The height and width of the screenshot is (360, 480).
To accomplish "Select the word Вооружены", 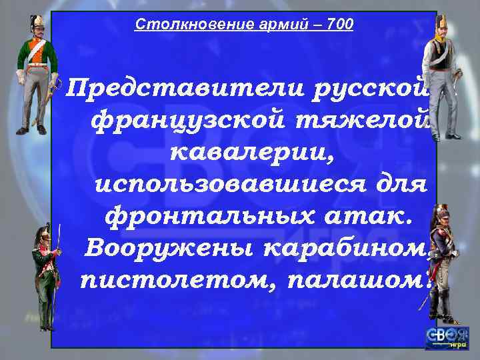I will [x=170, y=249].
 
